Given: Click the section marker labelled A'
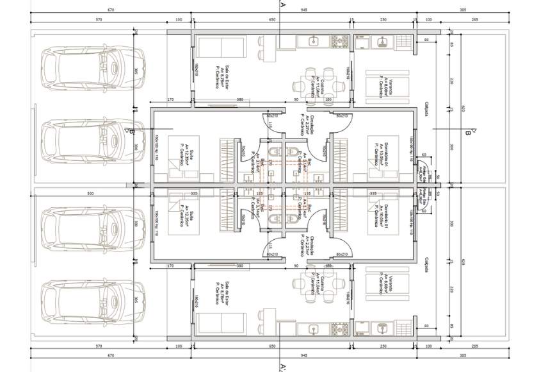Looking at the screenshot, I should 282,368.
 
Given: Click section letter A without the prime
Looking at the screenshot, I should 282,3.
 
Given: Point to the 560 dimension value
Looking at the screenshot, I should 90,192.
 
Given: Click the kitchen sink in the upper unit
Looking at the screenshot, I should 314,42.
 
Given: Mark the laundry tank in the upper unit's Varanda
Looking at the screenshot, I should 382,42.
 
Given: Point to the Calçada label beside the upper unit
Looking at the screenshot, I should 425,110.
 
